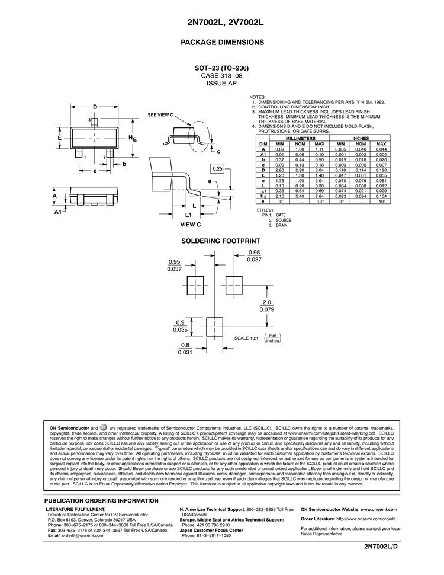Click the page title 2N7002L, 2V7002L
click(221, 22)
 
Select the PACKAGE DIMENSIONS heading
click(221, 43)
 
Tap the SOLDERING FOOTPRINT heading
click(221, 241)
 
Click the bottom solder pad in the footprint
click(215, 325)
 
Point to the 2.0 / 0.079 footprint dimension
click(266, 305)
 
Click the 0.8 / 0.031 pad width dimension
click(185, 349)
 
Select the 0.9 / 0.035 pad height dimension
click(181, 325)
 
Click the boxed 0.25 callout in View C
click(218, 169)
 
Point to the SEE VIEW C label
click(160, 114)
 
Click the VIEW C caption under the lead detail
click(191, 225)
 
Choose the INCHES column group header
click(361, 139)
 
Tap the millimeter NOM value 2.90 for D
click(300, 171)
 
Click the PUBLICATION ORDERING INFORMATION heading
click(101, 500)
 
